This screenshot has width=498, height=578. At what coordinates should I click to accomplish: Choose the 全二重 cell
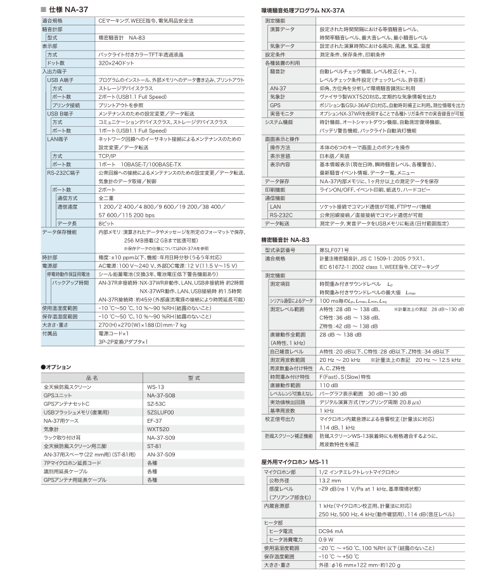click(106, 198)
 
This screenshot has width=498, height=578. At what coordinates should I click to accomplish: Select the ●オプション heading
click(56, 367)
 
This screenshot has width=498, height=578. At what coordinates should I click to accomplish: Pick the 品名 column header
click(92, 377)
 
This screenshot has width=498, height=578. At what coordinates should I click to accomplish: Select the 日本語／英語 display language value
click(335, 155)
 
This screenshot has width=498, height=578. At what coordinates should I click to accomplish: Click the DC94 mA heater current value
click(332, 530)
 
